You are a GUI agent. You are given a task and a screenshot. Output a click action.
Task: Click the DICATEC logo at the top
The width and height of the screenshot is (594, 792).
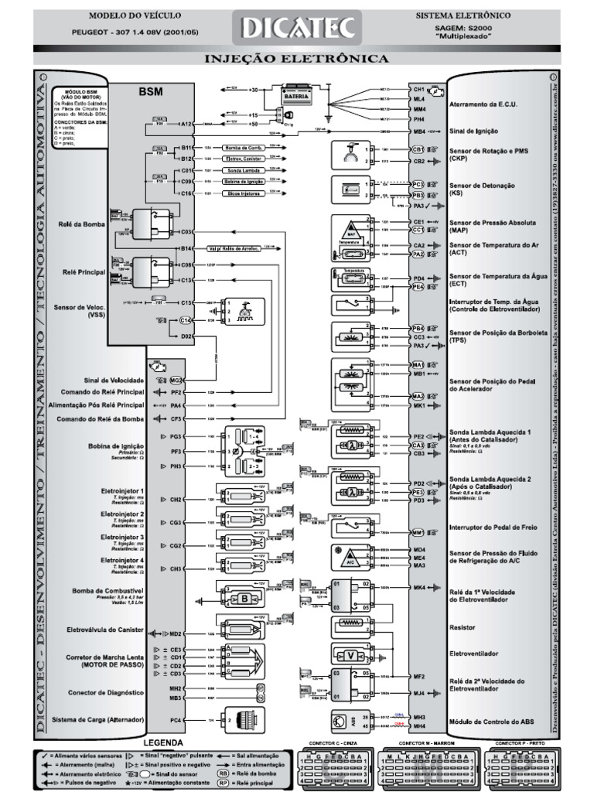point(298,28)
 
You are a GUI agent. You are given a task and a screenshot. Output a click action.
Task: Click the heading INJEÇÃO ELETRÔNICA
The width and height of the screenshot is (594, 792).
point(297,59)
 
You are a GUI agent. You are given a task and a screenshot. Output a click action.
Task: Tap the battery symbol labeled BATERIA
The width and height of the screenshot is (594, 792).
point(299,94)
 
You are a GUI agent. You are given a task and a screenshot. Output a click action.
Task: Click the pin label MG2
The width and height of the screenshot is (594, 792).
point(176,381)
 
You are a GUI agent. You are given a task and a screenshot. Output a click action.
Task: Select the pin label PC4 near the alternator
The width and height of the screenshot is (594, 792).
point(176,719)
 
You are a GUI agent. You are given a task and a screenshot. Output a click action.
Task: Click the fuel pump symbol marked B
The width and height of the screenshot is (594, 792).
point(244,598)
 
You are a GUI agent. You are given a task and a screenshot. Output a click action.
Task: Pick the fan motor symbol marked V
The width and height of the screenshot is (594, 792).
point(352,654)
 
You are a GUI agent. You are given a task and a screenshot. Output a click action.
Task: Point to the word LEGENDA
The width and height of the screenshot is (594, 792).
point(163,742)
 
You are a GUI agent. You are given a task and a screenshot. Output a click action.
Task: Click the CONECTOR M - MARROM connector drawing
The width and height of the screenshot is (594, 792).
point(428,770)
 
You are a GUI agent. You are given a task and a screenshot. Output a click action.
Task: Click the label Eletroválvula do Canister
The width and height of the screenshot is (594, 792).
point(106,630)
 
